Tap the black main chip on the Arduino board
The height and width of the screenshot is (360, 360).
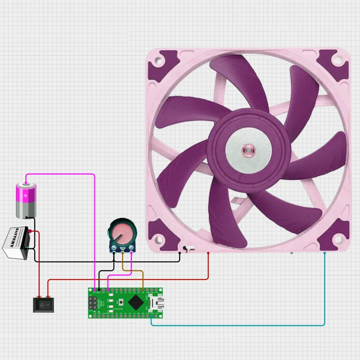(x=135, y=302)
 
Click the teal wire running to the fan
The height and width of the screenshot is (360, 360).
(x=325, y=292)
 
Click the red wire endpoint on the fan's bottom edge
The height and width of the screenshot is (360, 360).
(x=208, y=253)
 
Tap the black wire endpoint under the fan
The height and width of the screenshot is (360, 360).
(x=180, y=253)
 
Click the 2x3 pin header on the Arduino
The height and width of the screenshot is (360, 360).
(x=93, y=302)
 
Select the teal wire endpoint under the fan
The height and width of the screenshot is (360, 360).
(x=324, y=253)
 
